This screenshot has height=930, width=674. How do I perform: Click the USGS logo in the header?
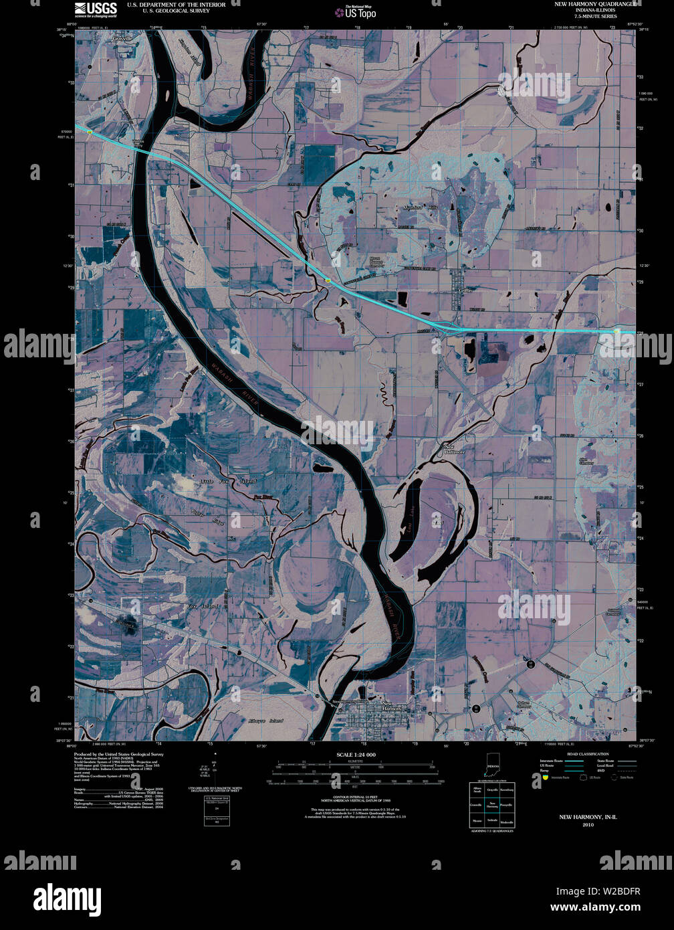click(96, 9)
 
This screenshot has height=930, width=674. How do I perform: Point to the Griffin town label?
click(466, 291)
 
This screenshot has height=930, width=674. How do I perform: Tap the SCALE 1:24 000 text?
click(356, 755)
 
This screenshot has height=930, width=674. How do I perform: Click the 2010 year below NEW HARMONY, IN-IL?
click(588, 825)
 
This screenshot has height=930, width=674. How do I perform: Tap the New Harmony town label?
click(388, 705)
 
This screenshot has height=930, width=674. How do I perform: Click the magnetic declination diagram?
click(217, 773)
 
